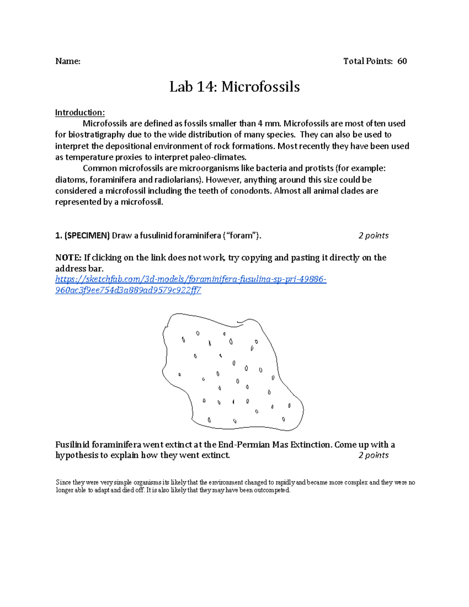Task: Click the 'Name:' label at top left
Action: coord(68,61)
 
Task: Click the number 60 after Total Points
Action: coord(402,61)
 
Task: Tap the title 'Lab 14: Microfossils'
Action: coord(234,87)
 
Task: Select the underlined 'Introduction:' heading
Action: coord(80,113)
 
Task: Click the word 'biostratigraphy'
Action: coord(94,135)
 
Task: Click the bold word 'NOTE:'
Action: coord(68,258)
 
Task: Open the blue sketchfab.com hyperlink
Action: coord(190,279)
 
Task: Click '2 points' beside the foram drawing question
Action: coord(373,236)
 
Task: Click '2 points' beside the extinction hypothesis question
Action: coord(373,455)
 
